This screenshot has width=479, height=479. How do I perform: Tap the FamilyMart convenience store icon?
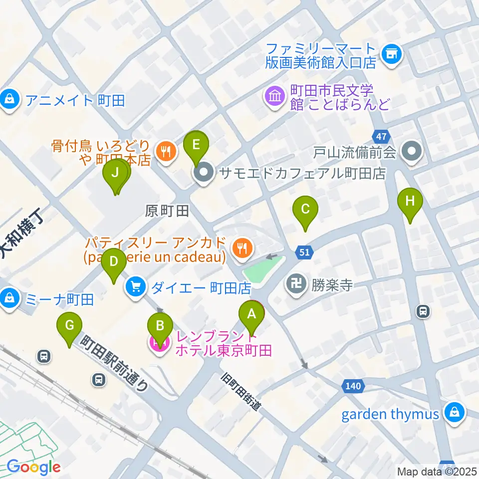(x=392, y=55)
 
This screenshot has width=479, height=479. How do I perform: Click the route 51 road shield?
(x=305, y=252)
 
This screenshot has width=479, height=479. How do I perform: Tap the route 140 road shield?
(x=351, y=385)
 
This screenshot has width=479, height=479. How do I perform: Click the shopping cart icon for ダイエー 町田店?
(x=135, y=287)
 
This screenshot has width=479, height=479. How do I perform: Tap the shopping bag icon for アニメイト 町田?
(x=9, y=100)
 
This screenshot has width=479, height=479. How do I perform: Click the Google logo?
(x=33, y=467)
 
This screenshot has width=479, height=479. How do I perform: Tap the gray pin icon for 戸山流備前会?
(x=412, y=152)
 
